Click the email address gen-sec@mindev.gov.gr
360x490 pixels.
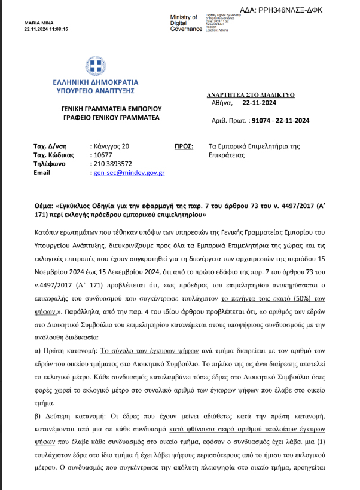pos(129,173)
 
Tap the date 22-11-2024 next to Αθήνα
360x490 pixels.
pos(258,103)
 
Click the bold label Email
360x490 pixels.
pos(42,173)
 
